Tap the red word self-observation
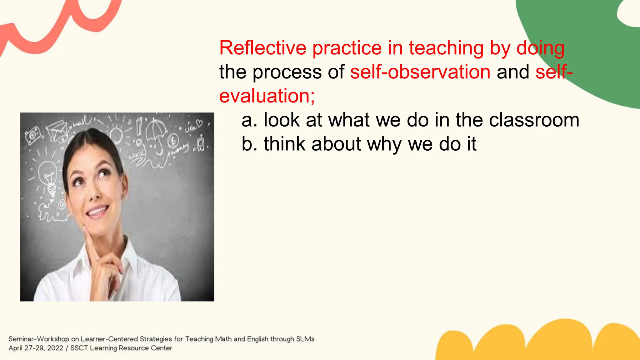(420, 72)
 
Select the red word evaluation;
(267, 96)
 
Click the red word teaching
(447, 48)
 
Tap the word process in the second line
(287, 72)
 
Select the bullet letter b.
(247, 144)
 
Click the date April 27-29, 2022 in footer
(36, 348)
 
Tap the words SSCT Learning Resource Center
(121, 348)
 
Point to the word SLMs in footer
(305, 339)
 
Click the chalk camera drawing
(32, 135)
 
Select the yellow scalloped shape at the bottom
(537, 342)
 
